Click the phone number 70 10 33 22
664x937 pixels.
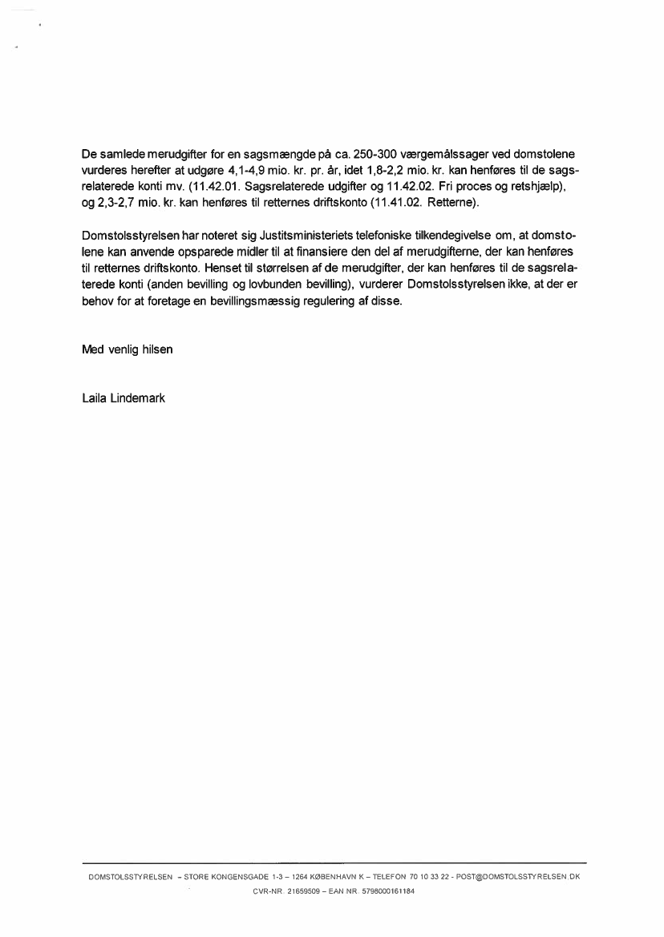[x=429, y=877]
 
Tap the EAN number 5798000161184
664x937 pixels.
[x=389, y=891]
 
